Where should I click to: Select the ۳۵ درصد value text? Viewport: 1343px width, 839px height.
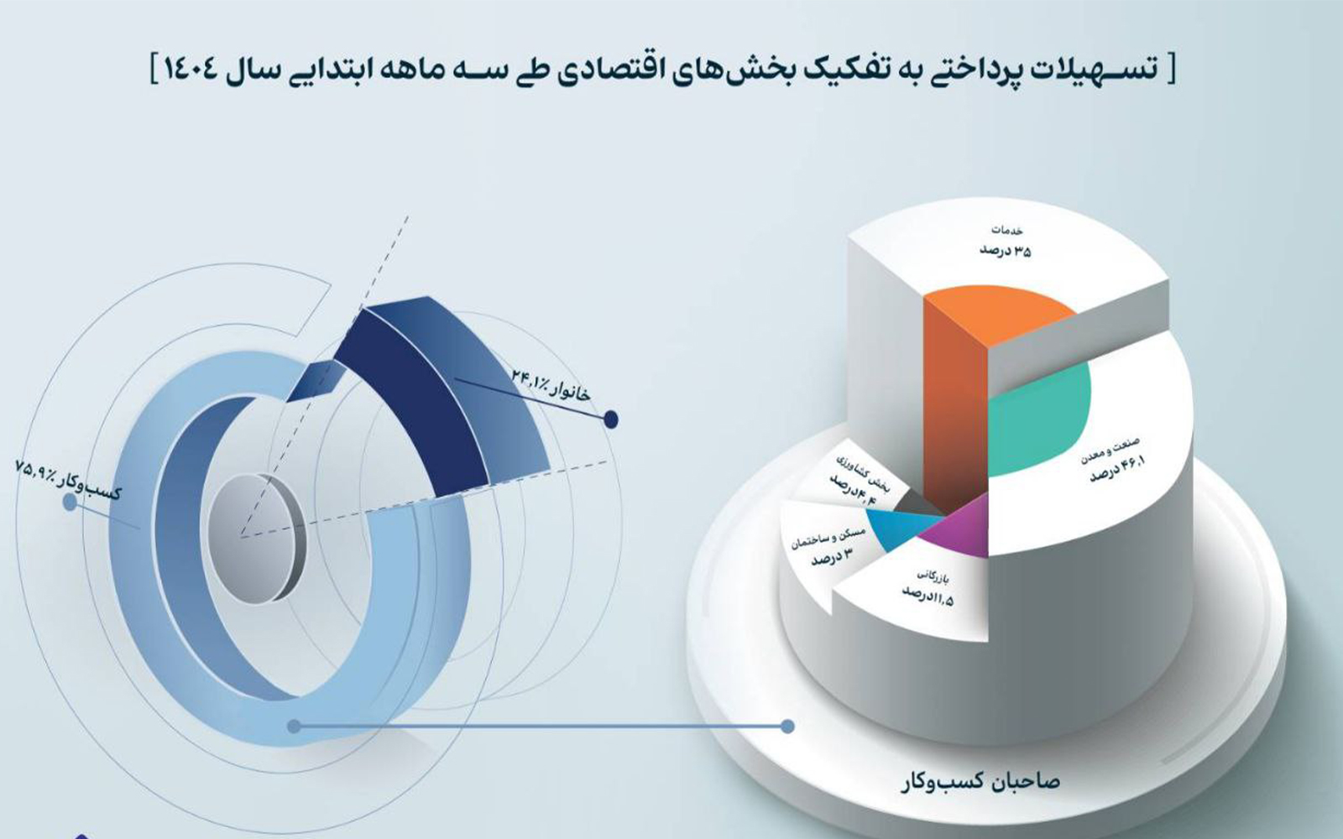coord(1006,252)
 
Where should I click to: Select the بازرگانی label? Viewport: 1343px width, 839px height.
coord(920,578)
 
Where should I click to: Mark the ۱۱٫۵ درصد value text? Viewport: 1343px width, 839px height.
coord(928,596)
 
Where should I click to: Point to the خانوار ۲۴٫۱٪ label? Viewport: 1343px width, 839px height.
coord(551,385)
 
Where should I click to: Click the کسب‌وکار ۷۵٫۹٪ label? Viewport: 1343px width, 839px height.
coord(68,480)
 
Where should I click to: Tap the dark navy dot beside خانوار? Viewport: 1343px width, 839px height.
coord(610,419)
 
